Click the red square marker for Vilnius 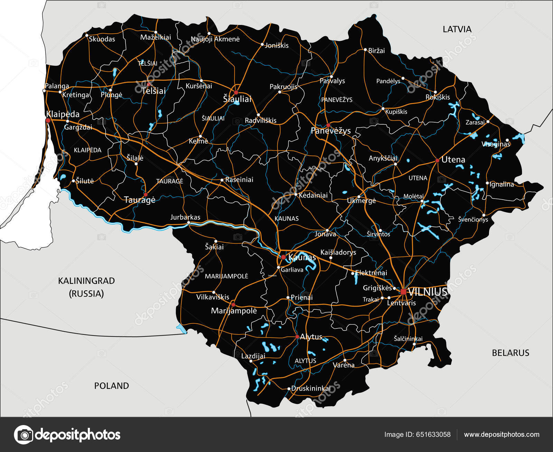point(403,292)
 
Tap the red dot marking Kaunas point(283,257)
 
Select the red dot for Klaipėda point(48,121)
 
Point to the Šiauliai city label point(237,99)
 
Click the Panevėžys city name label point(330,131)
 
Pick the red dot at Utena point(437,161)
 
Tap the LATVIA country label point(457,29)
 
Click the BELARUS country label point(510,353)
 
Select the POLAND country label point(111,386)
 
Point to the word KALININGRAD point(86,281)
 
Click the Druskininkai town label point(311,388)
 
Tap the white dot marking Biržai point(365,50)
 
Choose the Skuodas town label point(102,39)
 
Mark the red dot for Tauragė point(146,195)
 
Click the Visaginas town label point(496,144)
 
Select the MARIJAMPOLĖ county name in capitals point(226,276)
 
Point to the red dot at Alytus point(297,337)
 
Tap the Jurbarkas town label point(185,217)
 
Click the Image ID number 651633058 point(433,434)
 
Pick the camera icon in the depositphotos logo point(24,434)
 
